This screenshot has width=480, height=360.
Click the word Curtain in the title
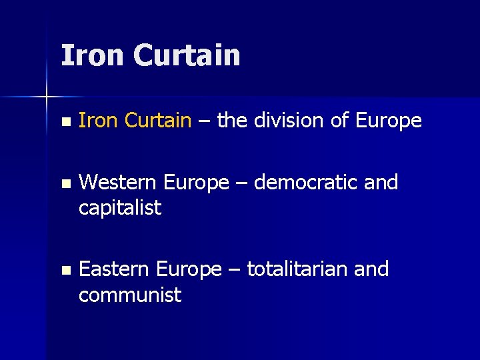pyautogui.click(x=187, y=55)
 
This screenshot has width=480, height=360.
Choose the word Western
pyautogui.click(x=117, y=182)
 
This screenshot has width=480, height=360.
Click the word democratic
pyautogui.click(x=307, y=182)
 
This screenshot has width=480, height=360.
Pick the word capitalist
pyautogui.click(x=120, y=208)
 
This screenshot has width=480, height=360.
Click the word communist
pyautogui.click(x=130, y=295)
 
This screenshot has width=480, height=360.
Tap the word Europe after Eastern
pyautogui.click(x=189, y=269)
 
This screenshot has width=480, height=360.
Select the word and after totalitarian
pyautogui.click(x=371, y=269)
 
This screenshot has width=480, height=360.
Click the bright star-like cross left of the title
pyautogui.click(x=47, y=97)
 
